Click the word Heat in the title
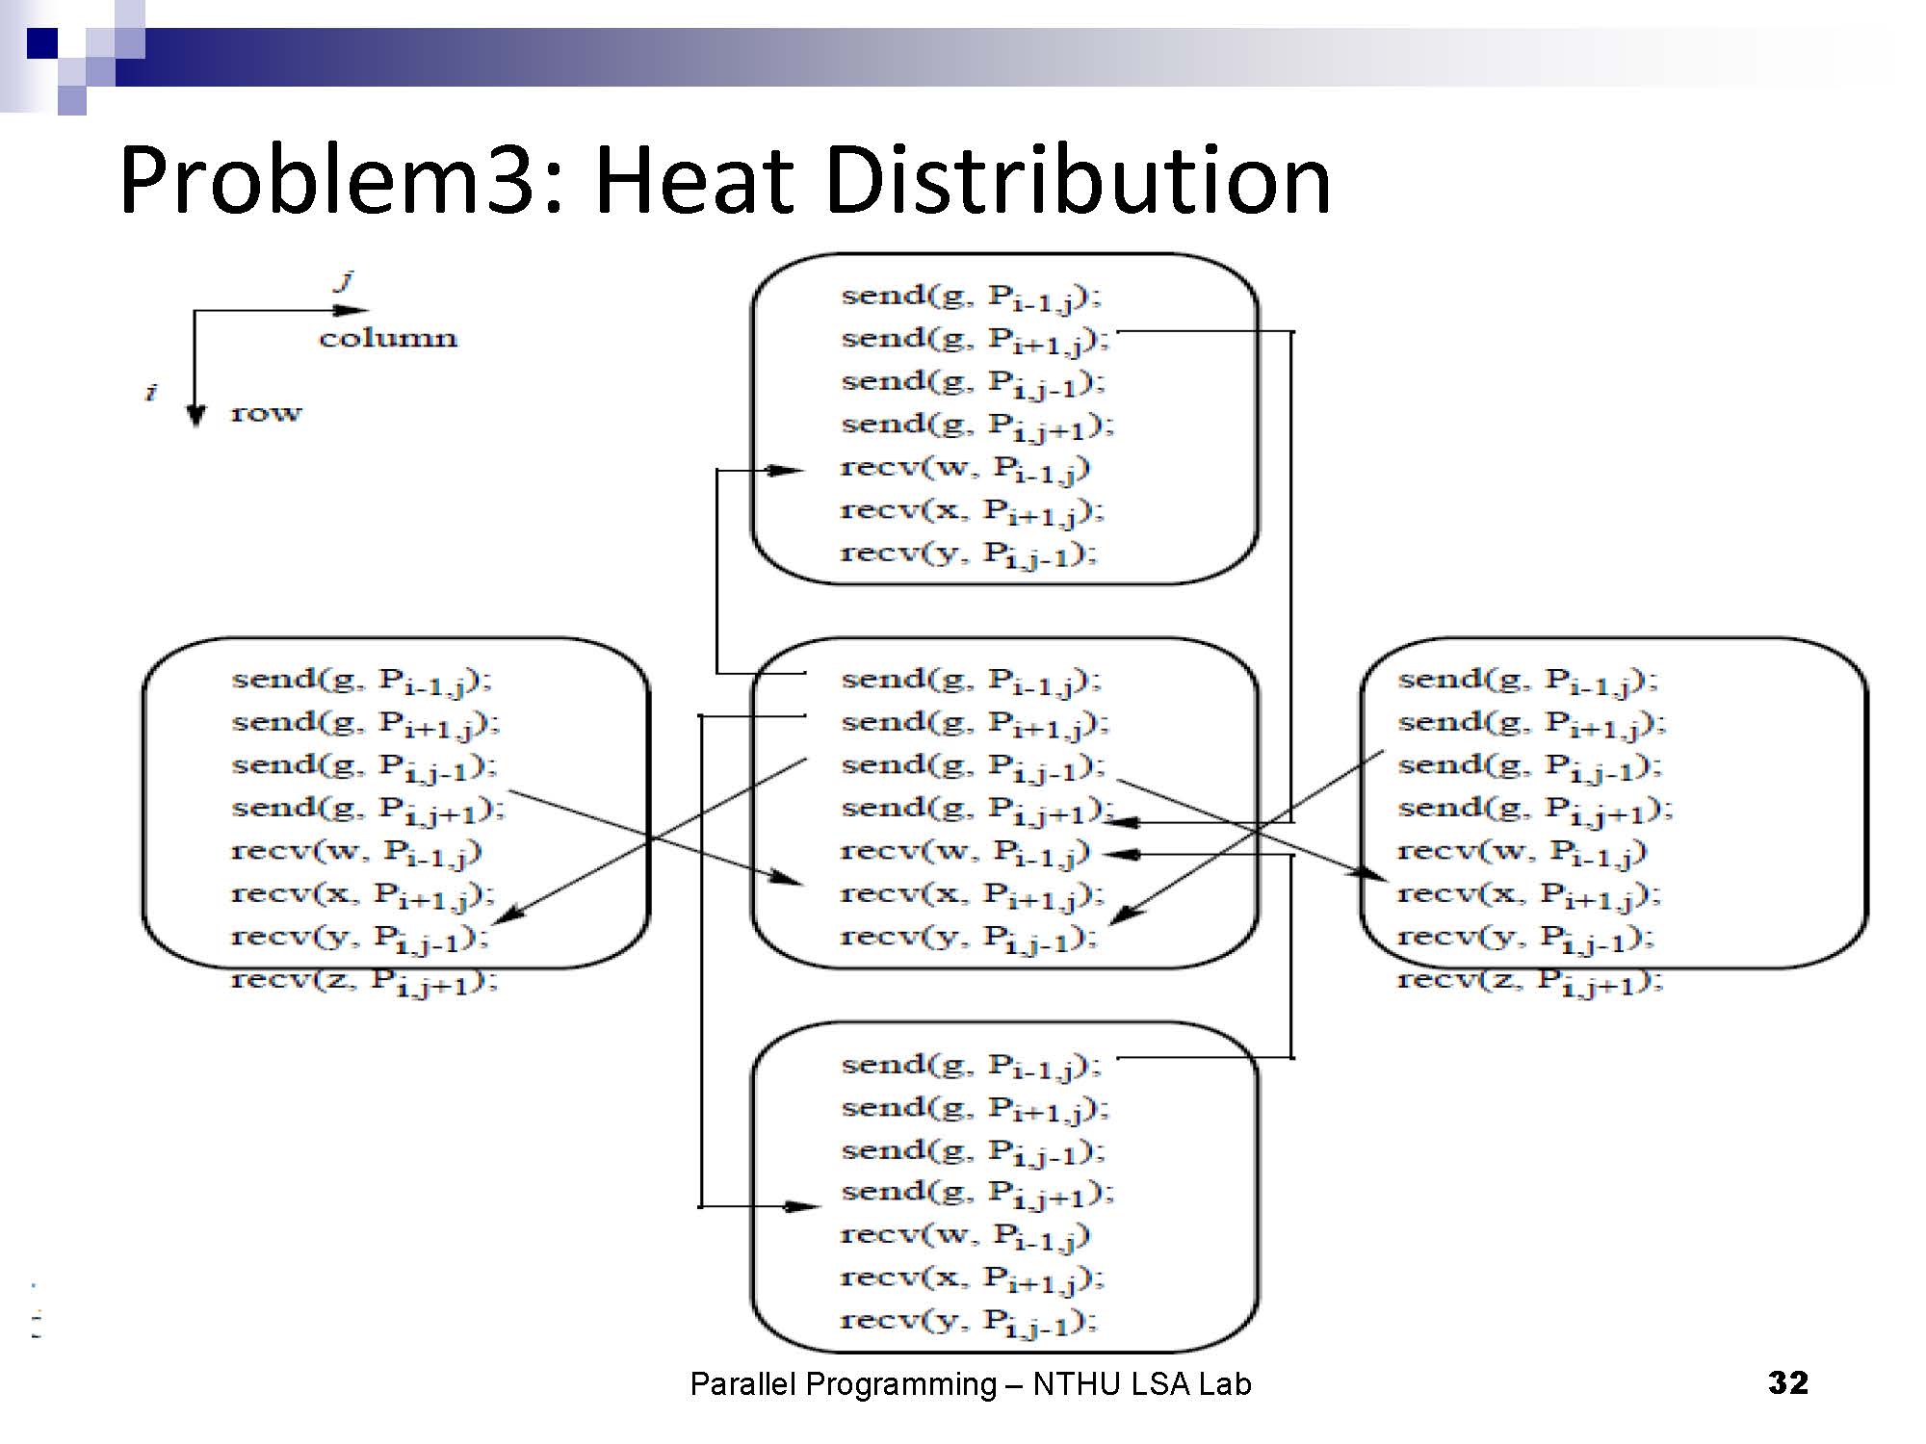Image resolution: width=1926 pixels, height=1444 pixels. point(694,180)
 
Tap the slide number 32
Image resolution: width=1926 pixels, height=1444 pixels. point(1787,1382)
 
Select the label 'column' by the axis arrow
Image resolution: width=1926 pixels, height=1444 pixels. point(388,338)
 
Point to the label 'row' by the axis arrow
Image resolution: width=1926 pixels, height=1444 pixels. point(266,413)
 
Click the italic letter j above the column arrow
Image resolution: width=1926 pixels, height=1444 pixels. point(344,280)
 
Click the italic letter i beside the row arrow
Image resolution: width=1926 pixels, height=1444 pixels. point(150,392)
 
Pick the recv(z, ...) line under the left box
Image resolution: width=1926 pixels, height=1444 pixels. point(364,981)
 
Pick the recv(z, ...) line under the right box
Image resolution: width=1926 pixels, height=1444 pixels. point(1529,981)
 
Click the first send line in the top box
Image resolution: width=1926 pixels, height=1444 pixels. point(971,297)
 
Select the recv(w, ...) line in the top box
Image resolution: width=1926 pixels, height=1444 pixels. point(965,469)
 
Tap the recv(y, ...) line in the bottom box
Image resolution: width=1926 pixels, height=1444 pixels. point(968,1321)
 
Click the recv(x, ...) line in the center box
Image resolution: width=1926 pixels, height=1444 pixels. point(971,895)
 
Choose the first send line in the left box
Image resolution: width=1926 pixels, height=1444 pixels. point(361,681)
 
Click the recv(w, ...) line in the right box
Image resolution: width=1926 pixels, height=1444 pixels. point(1522,852)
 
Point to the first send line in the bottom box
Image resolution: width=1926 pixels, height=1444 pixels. point(971,1066)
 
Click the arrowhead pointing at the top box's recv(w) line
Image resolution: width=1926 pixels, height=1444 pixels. point(788,470)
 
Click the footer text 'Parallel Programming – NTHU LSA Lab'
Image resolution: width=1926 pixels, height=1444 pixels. point(970,1384)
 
